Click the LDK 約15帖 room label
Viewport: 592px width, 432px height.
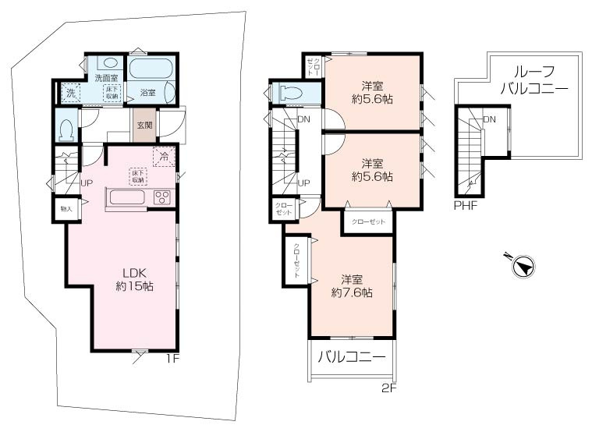[x=134, y=279]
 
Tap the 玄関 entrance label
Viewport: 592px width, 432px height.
[x=144, y=125]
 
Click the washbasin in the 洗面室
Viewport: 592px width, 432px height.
[x=110, y=63]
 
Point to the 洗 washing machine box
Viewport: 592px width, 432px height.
[x=70, y=93]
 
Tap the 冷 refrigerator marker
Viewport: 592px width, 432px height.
[x=164, y=157]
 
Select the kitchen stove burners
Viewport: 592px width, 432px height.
[x=162, y=196]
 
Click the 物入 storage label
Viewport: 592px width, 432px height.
[x=66, y=208]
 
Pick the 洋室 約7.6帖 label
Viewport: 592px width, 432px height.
[x=351, y=286]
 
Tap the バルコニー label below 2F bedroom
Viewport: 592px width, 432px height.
[x=351, y=358]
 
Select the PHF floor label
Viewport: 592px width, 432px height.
[x=466, y=207]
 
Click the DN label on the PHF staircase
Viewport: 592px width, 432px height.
[x=490, y=119]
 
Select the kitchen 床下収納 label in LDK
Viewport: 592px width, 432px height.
[x=138, y=176]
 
